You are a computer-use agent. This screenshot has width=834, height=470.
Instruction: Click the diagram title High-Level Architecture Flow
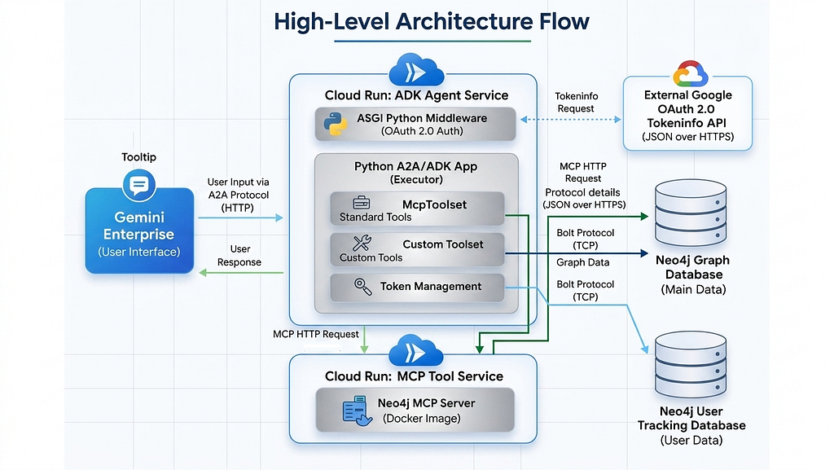tap(431, 22)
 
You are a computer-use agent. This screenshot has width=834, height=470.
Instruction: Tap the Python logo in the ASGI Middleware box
tap(332, 125)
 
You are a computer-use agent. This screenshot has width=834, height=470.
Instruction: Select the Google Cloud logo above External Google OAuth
tap(690, 74)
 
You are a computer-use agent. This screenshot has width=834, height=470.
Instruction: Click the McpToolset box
tap(416, 209)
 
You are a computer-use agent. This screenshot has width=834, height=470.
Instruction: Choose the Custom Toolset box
tap(416, 250)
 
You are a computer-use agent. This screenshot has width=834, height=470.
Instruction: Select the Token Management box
tap(416, 287)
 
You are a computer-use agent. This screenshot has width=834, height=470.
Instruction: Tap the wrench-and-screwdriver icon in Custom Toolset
tap(362, 243)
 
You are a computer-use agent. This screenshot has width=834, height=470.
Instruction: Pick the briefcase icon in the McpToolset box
tap(361, 203)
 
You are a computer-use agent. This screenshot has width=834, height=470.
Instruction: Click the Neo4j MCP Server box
tap(415, 410)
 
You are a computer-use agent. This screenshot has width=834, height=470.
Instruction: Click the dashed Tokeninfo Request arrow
tap(570, 119)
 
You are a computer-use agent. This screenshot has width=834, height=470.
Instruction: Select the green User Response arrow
tap(241, 273)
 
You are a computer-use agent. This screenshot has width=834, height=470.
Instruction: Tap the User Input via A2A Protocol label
tap(238, 195)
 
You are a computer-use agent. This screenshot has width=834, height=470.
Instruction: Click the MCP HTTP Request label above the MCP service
tap(316, 335)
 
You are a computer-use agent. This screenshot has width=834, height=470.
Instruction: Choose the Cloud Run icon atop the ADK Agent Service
tap(415, 72)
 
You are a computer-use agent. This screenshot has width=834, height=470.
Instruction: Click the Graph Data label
tap(583, 263)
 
